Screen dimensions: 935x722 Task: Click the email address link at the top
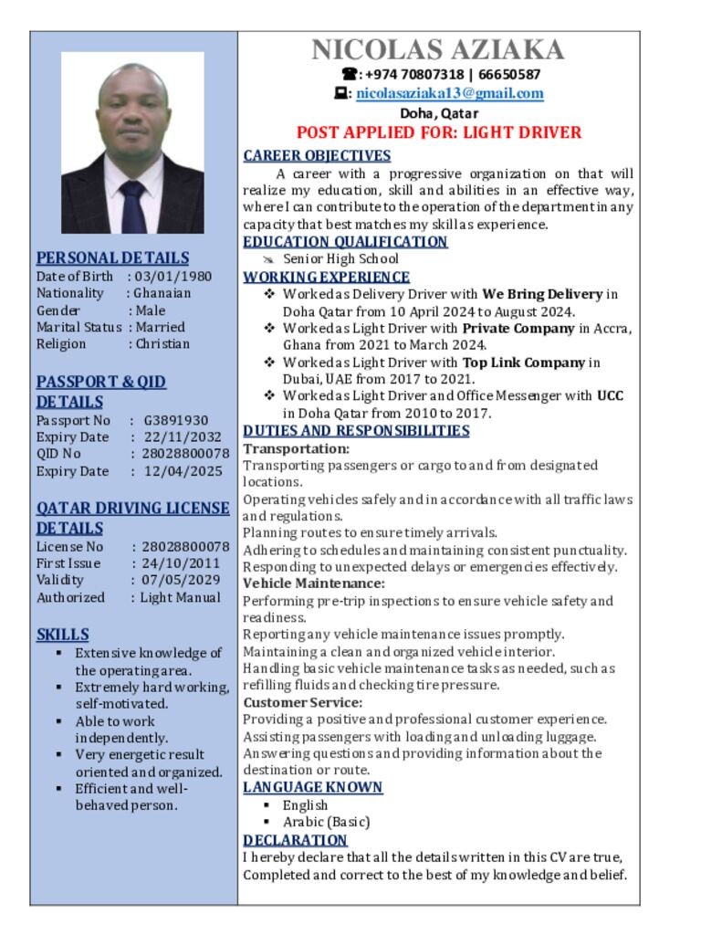(x=450, y=93)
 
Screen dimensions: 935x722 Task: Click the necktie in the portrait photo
(x=132, y=206)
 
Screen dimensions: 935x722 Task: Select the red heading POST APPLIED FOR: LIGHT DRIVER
(x=438, y=132)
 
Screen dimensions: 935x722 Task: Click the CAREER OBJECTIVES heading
(x=317, y=155)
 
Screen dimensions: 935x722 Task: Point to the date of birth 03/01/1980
(x=173, y=276)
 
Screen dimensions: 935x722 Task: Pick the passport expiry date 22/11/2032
(x=183, y=436)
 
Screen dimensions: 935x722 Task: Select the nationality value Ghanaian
(x=162, y=293)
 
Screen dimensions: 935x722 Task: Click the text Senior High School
(x=340, y=258)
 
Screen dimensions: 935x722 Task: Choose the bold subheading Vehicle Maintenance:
(x=313, y=583)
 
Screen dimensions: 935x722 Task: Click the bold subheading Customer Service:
(x=302, y=702)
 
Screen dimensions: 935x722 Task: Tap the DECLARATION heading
(x=295, y=839)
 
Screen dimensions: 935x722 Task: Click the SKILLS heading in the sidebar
(x=63, y=634)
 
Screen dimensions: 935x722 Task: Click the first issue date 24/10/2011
(x=181, y=563)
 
